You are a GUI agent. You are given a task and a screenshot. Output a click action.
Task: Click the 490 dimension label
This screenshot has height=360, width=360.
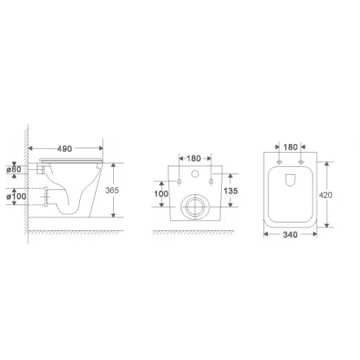coord(65,149)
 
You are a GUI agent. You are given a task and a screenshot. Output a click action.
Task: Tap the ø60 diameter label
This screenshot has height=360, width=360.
coord(14,169)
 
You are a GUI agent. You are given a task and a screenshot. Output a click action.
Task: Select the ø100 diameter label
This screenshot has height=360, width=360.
coord(17,197)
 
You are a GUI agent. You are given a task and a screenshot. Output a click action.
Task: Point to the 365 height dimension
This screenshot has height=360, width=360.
coord(112,190)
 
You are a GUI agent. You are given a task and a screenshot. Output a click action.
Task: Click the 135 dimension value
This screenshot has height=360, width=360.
coord(230,191)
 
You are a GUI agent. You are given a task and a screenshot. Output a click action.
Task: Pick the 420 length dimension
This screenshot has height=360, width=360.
coord(325,195)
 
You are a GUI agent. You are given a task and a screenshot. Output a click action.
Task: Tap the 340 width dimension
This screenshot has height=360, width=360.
coord(290,235)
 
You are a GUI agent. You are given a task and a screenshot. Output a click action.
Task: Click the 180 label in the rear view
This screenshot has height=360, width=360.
coord(194,158)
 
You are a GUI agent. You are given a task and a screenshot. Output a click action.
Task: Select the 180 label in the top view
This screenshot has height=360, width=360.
coord(290,147)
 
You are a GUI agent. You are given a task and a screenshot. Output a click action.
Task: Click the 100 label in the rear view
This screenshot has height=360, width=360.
coord(161,194)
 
